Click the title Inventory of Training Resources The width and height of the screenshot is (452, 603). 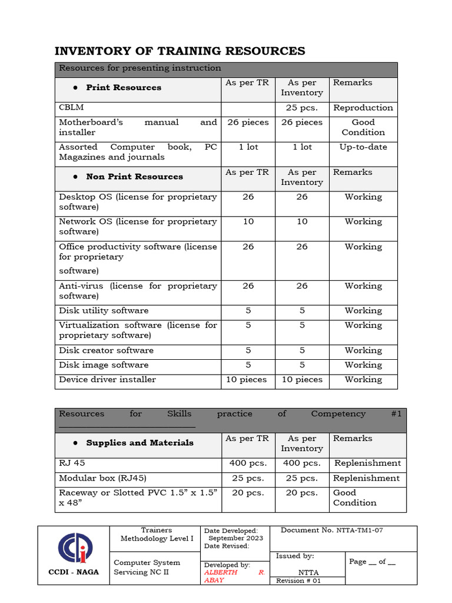(x=180, y=51)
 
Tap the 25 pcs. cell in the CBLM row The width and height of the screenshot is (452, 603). (x=301, y=108)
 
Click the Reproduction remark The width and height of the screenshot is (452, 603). (x=363, y=108)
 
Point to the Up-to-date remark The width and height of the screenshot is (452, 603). (x=363, y=147)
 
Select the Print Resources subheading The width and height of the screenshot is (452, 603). (x=124, y=88)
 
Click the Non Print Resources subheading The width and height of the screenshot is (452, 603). (x=134, y=177)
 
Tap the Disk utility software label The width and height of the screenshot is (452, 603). (x=104, y=311)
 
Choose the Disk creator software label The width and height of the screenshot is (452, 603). (x=106, y=350)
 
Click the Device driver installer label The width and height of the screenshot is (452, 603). (x=107, y=380)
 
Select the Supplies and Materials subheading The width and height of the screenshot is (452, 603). (x=139, y=443)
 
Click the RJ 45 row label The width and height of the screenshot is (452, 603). (x=72, y=463)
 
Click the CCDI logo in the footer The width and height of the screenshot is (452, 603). (x=75, y=547)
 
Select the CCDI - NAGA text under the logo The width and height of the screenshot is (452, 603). (x=74, y=572)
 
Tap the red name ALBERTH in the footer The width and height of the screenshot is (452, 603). (x=221, y=572)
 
